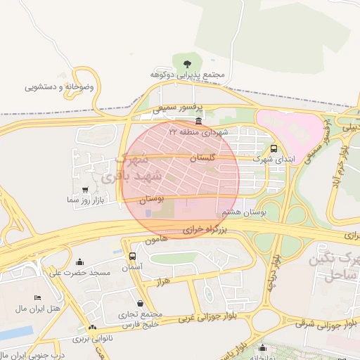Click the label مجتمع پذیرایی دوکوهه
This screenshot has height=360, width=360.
pyautogui.click(x=187, y=75)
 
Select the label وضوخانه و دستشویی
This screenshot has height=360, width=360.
pyautogui.click(x=63, y=87)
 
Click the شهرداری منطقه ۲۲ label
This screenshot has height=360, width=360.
pyautogui.click(x=199, y=131)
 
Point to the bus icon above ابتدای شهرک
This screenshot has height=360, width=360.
pyautogui.click(x=274, y=148)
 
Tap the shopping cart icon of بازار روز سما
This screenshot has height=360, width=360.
pyautogui.click(x=85, y=190)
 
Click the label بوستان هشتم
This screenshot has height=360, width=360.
pyautogui.click(x=243, y=212)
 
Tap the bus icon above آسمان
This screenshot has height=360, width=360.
pyautogui.click(x=132, y=257)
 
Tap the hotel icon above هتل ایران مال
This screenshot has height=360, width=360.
pyautogui.click(x=37, y=299)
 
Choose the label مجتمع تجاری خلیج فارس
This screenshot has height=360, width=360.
pyautogui.click(x=150, y=319)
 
